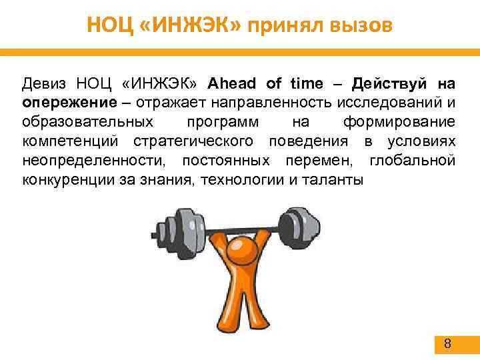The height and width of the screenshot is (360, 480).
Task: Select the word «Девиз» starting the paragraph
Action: point(43,84)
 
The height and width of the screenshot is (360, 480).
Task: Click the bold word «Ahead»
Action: point(233,84)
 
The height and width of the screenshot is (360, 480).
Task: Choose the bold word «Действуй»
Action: point(389,84)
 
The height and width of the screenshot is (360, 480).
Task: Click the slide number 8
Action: point(447,344)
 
